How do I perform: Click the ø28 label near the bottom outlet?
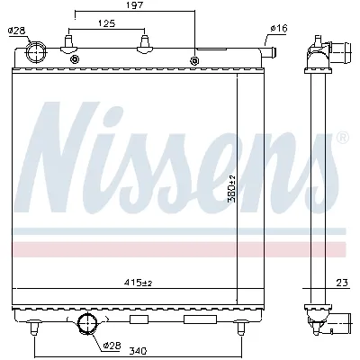click(x=112, y=345)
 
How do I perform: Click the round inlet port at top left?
click(x=38, y=52)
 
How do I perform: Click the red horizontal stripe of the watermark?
click(x=180, y=247)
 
